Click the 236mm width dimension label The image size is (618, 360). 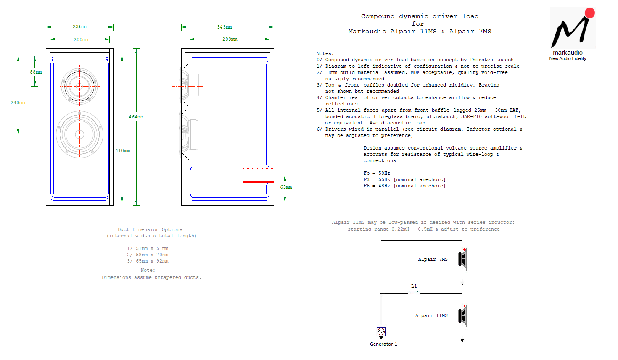pyautogui.click(x=80, y=27)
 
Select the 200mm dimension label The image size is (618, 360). pyautogui.click(x=81, y=39)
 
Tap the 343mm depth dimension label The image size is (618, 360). pyautogui.click(x=224, y=27)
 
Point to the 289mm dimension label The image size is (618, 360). pyautogui.click(x=230, y=39)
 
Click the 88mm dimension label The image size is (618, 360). pyautogui.click(x=36, y=72)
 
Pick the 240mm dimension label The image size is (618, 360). pyautogui.click(x=18, y=102)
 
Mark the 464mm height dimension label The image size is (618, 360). pyautogui.click(x=136, y=117)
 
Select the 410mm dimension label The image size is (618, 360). pyautogui.click(x=122, y=150)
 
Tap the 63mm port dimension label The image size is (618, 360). pyautogui.click(x=286, y=187)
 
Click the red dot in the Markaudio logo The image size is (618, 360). pyautogui.click(x=589, y=13)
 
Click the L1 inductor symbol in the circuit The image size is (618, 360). pyautogui.click(x=414, y=292)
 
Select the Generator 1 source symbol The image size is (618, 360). pyautogui.click(x=381, y=331)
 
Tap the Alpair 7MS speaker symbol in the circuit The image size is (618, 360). pyautogui.click(x=463, y=259)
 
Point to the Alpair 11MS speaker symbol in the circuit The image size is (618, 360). pyautogui.click(x=463, y=315)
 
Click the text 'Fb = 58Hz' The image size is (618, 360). pyautogui.click(x=377, y=173)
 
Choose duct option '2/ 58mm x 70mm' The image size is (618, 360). pyautogui.click(x=148, y=255)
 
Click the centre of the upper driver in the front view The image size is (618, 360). pyautogui.click(x=79, y=86)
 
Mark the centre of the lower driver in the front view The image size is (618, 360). pyautogui.click(x=80, y=134)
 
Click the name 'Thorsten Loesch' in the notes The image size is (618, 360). pyautogui.click(x=491, y=60)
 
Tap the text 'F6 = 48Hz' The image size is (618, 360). pyautogui.click(x=377, y=186)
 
